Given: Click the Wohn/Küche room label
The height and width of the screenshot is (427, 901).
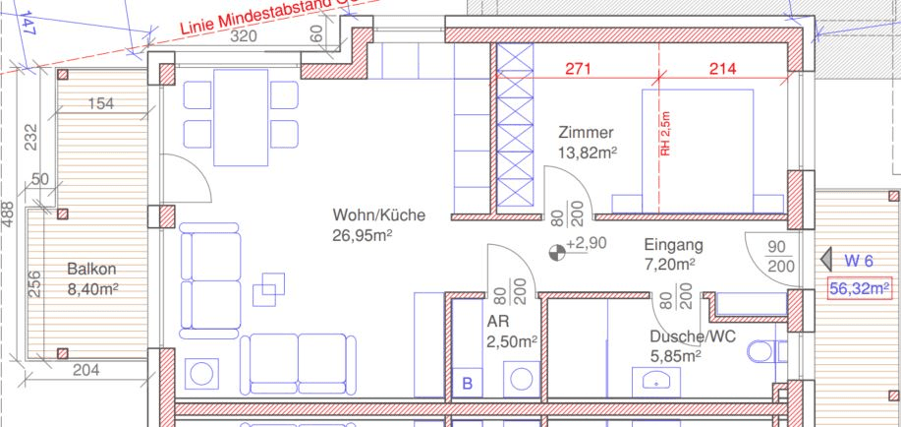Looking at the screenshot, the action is coord(379,215).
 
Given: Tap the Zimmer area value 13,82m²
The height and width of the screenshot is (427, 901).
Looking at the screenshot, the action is coord(588,152).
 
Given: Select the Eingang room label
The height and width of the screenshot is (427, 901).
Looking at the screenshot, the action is coord(673,245).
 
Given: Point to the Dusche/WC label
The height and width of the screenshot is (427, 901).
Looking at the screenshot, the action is coord(693,336).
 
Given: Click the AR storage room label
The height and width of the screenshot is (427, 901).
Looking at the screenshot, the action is coord(497,321).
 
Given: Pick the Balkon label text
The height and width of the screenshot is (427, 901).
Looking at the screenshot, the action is coord(92,269).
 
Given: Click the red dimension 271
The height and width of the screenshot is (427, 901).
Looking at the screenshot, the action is coord(578,69).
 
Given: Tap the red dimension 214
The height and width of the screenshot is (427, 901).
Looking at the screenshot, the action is coord(722,69).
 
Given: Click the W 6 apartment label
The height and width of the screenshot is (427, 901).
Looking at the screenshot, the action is coord(859,261).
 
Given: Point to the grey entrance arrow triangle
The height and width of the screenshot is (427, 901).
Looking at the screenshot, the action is coord(826,260).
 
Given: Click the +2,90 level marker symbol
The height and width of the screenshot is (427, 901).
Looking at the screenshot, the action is coord(557,252).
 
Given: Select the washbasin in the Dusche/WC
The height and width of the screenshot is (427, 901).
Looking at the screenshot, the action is coord(655,382).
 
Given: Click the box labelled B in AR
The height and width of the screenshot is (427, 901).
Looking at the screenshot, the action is coord(468,383).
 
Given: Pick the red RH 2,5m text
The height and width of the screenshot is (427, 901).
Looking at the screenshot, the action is coord(665,134).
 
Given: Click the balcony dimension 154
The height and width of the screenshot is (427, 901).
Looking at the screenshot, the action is coord(101,104).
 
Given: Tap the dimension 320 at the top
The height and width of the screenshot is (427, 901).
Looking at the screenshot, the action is coord(243,36).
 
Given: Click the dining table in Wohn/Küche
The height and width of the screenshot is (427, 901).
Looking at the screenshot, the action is coord(241,117).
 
